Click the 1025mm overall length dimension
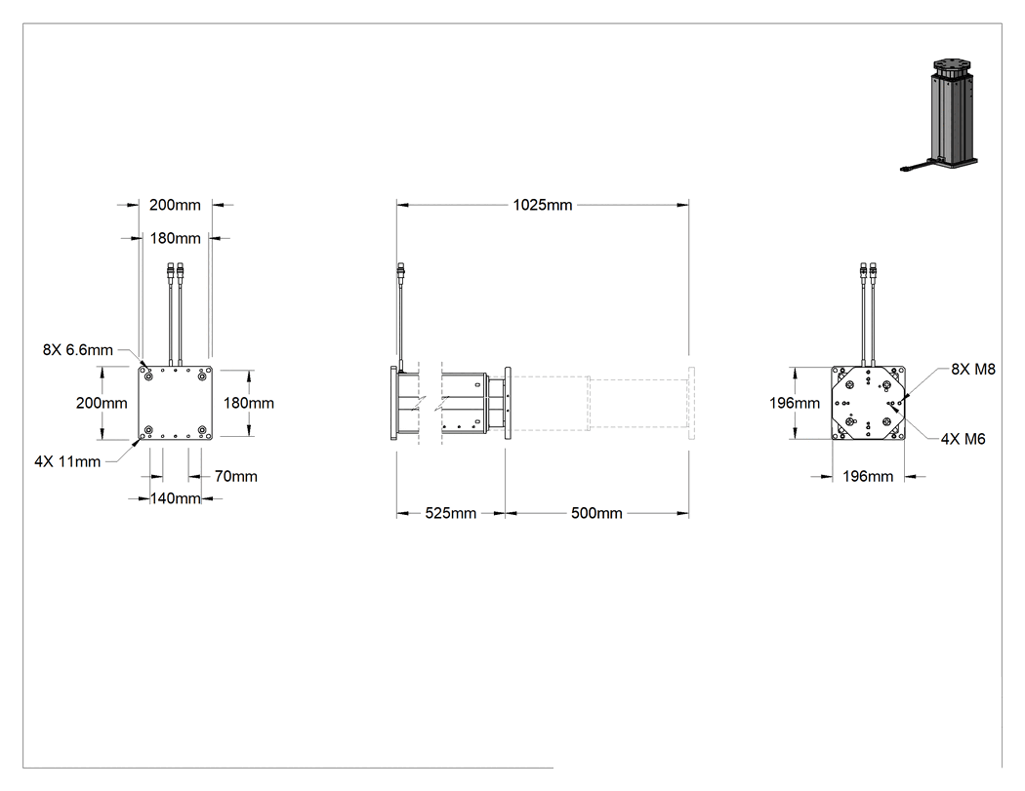(543, 205)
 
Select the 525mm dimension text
(450, 513)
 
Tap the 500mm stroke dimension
(596, 513)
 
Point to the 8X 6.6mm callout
(78, 350)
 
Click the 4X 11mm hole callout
(67, 461)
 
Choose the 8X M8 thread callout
(972, 369)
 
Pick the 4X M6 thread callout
(963, 439)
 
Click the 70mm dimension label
(236, 477)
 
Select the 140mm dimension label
(175, 498)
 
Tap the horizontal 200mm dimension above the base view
(175, 205)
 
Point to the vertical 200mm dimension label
(102, 403)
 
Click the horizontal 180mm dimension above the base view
(175, 238)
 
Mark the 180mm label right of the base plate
(248, 403)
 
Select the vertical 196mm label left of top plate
(795, 403)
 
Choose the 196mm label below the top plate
(868, 477)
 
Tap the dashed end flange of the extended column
(691, 403)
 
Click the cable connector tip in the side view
(400, 268)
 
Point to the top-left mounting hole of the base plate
(148, 376)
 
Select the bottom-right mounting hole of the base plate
(202, 430)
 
